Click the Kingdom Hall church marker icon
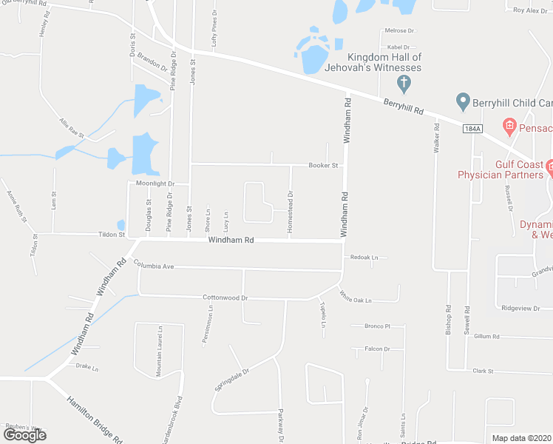[x=404, y=81]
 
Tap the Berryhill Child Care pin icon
[x=463, y=100]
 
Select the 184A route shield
[x=472, y=129]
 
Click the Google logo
[x=24, y=435]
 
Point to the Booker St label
[x=323, y=166]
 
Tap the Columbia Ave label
[x=153, y=265]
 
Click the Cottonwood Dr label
[x=225, y=297]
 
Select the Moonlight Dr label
[x=155, y=183]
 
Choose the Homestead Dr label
[x=291, y=205]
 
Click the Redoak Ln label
[x=364, y=258]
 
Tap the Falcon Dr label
[x=377, y=349]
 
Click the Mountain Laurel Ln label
[x=159, y=351]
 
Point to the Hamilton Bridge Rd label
[x=94, y=417]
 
